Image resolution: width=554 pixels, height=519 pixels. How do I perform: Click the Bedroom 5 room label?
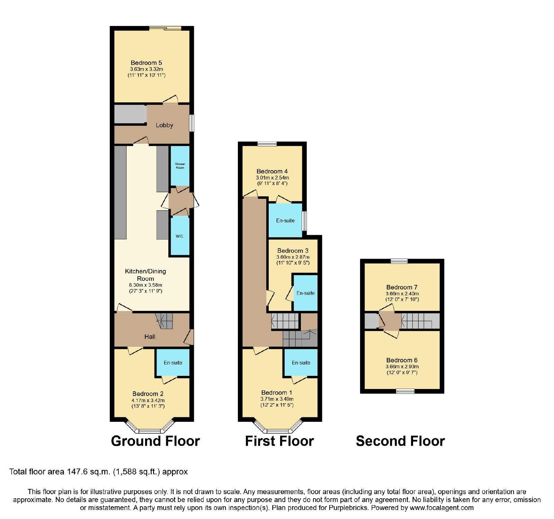click(146, 63)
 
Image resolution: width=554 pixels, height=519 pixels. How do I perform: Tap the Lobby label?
click(164, 125)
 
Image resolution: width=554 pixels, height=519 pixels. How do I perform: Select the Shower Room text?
click(180, 166)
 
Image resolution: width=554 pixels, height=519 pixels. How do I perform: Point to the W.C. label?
click(180, 237)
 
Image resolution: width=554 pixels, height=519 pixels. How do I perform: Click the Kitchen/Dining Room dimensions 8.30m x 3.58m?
click(145, 285)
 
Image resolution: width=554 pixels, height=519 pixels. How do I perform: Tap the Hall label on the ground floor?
click(150, 337)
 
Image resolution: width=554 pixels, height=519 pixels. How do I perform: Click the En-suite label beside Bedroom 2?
click(173, 363)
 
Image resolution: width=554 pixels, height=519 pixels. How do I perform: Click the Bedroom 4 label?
click(272, 172)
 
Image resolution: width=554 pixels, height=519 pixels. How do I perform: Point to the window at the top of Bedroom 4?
click(267, 144)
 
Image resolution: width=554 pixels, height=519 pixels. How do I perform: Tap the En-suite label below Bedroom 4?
click(285, 221)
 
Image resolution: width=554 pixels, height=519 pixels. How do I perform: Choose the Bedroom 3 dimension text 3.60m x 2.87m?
click(293, 257)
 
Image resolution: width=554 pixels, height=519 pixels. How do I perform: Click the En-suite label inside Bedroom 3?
click(306, 293)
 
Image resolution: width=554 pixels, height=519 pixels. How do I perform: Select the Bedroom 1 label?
click(277, 393)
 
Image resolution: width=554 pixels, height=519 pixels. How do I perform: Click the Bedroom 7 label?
click(402, 287)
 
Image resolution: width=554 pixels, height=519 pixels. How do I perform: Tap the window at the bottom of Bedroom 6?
click(405, 391)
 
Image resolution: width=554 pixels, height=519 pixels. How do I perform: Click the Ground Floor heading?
click(155, 441)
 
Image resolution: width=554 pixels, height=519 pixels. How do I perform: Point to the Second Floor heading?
click(400, 441)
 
